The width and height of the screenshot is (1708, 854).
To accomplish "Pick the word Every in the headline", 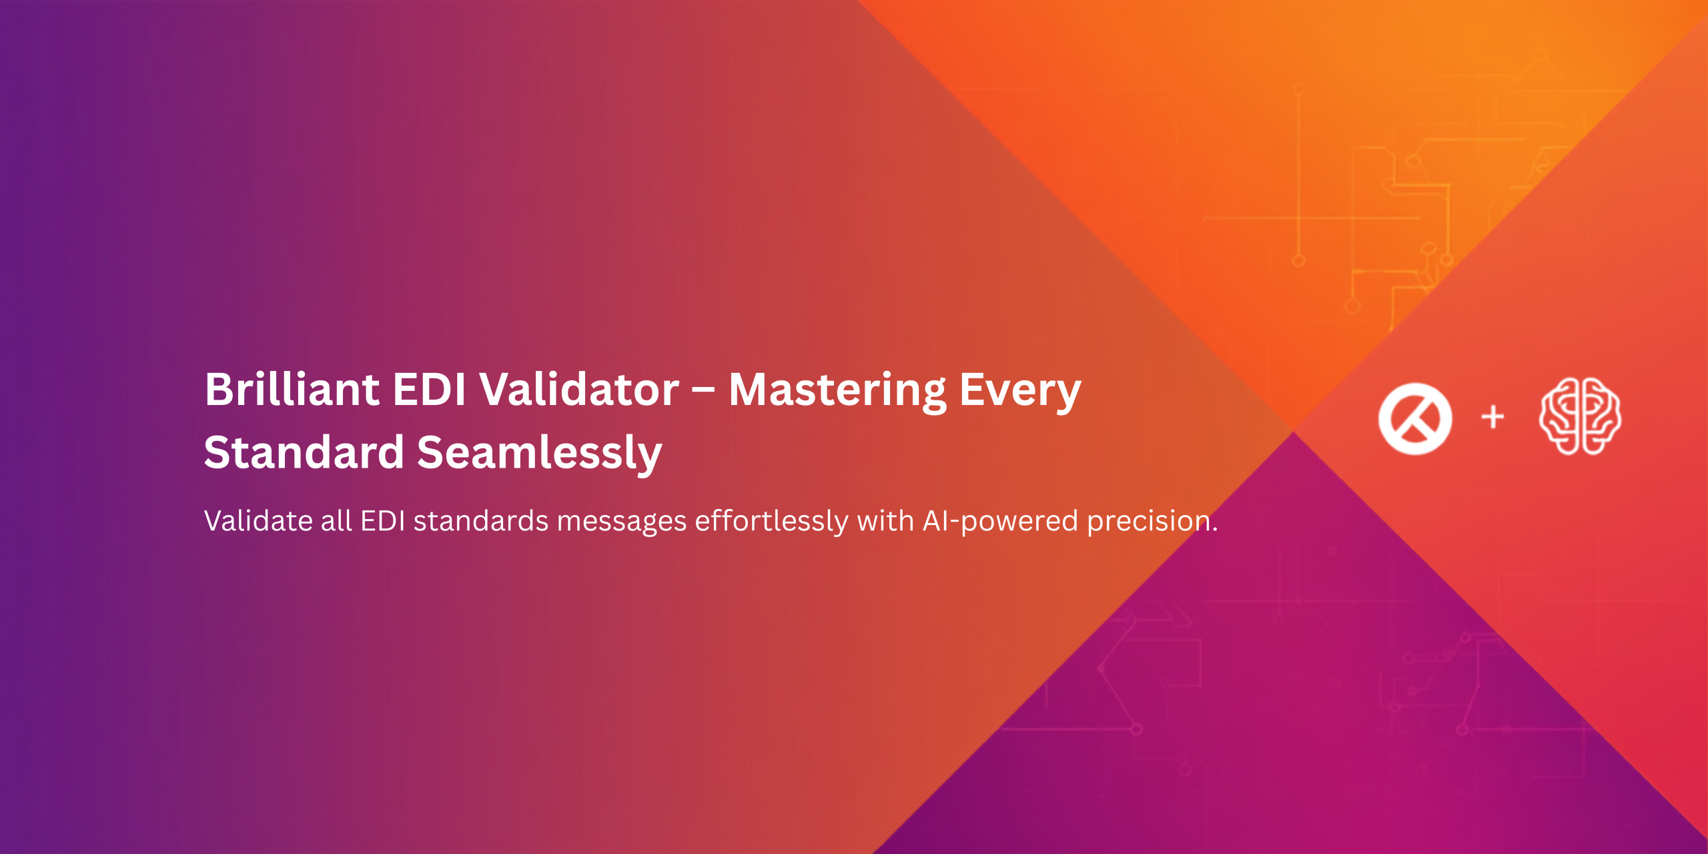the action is point(1020,393).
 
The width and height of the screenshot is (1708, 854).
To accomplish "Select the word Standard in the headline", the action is point(304,452).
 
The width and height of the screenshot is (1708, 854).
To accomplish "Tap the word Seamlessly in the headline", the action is point(539,454).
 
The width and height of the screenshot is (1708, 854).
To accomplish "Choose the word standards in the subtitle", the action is point(481,521).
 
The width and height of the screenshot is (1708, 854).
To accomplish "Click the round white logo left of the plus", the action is point(1414,419).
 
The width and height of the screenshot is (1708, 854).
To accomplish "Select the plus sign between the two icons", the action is point(1492,418).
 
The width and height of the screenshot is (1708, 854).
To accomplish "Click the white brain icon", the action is point(1580,416).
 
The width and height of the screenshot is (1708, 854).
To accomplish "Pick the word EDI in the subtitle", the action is point(382,521).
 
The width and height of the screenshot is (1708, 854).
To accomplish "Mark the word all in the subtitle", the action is point(336,521).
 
